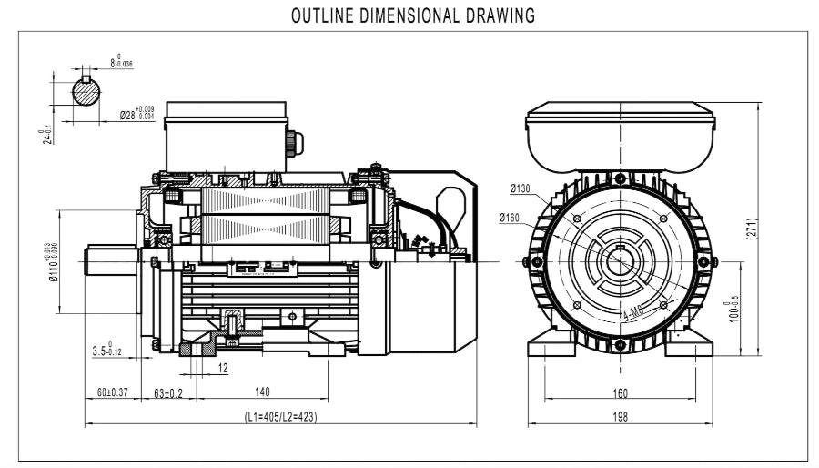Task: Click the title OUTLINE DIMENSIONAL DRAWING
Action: pyautogui.click(x=412, y=15)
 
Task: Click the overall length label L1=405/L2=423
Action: pyautogui.click(x=280, y=416)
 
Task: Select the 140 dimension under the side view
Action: pyautogui.click(x=262, y=392)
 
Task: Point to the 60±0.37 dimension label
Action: pyautogui.click(x=113, y=392)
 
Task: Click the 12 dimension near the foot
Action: pyautogui.click(x=223, y=369)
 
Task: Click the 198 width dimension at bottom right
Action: pyautogui.click(x=619, y=417)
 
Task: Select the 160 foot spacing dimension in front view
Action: pyautogui.click(x=619, y=392)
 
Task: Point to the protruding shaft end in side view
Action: pyautogui.click(x=109, y=260)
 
